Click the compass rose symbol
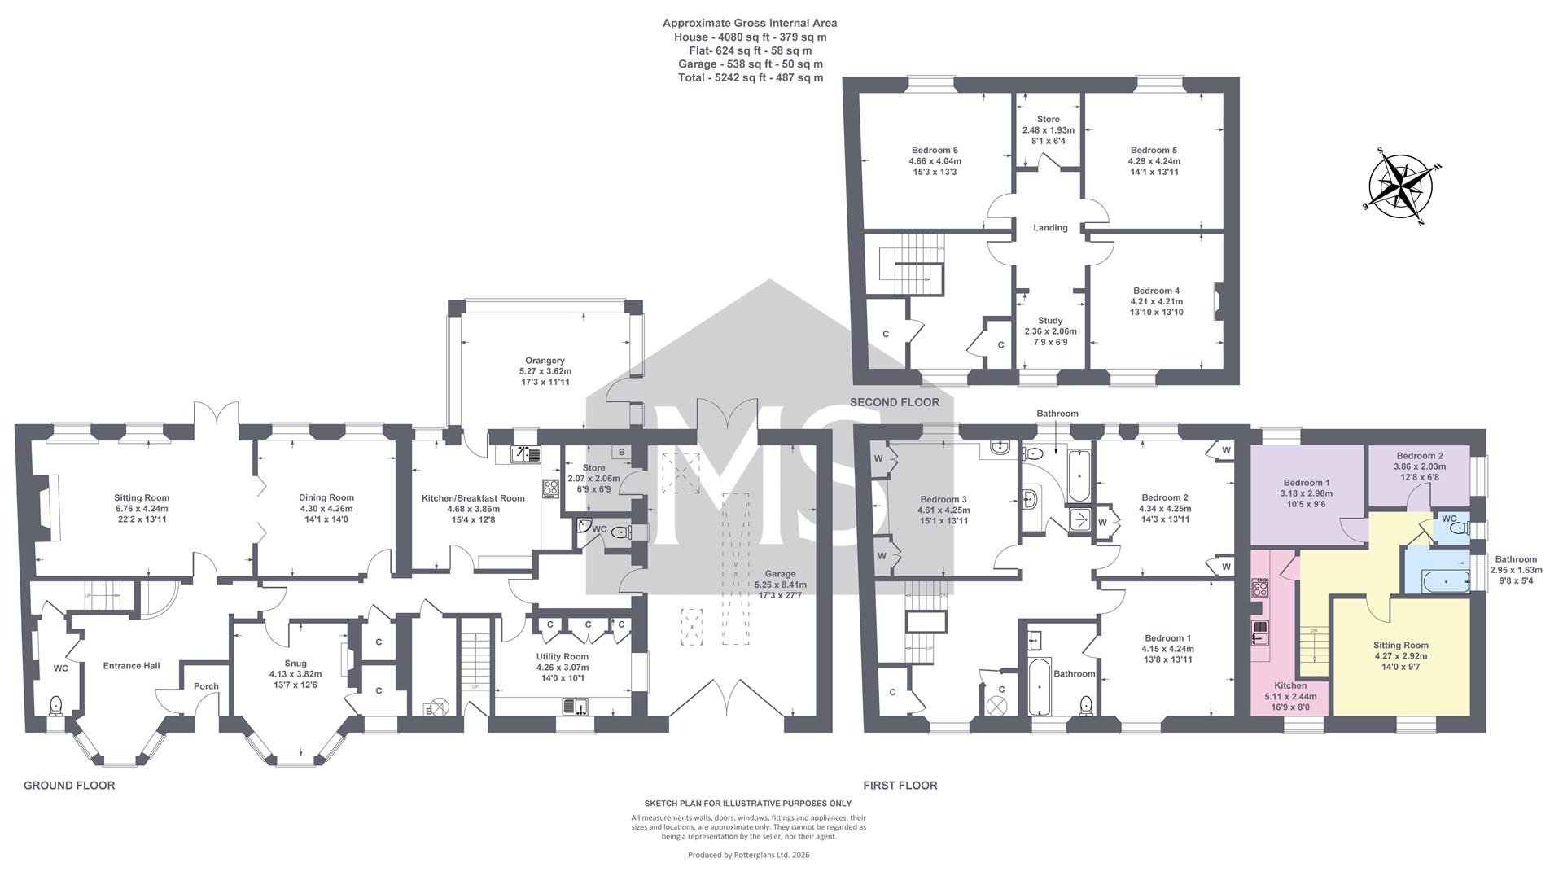1399,185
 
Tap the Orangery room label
545,361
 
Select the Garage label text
780,574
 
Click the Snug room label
296,664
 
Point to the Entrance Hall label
132,666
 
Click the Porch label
206,686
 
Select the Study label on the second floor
1050,321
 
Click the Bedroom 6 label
935,150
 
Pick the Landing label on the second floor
1050,228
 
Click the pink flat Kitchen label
1290,686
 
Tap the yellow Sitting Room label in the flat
1400,646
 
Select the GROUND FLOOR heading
69,786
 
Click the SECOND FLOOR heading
895,402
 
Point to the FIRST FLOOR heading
900,786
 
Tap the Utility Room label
562,657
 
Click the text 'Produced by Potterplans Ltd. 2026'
749,855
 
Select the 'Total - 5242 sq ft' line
751,78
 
